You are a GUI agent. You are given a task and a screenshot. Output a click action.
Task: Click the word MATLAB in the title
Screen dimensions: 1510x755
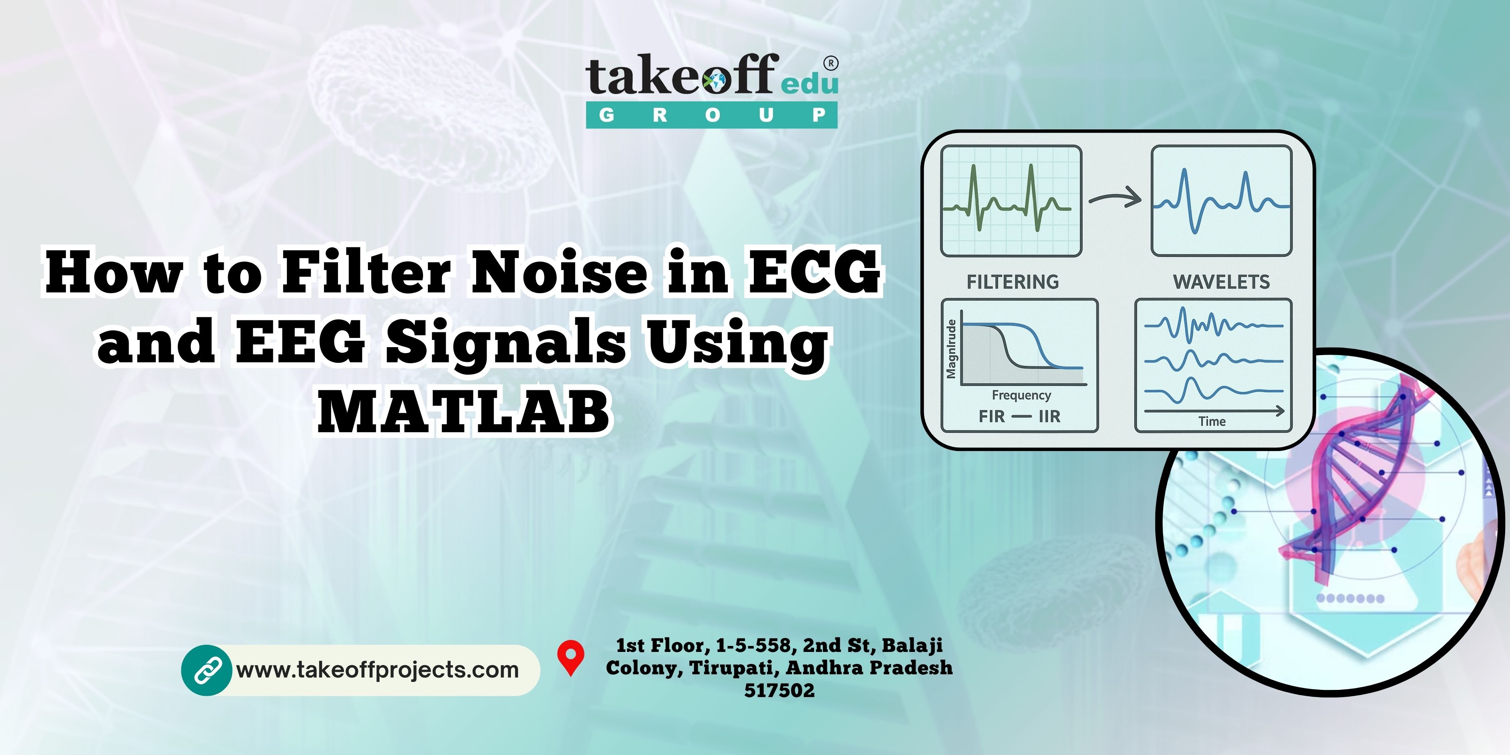click(x=464, y=411)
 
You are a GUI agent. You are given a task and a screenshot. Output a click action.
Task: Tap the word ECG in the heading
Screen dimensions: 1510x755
click(x=814, y=272)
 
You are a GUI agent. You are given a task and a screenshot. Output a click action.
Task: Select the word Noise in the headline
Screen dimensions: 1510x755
click(x=559, y=272)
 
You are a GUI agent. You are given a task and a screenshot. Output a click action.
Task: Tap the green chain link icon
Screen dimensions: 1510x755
click(x=207, y=670)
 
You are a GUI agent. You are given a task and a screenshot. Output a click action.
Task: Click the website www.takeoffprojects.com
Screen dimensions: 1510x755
click(x=377, y=670)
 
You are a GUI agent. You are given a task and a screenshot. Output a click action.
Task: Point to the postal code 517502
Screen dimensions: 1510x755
click(x=780, y=691)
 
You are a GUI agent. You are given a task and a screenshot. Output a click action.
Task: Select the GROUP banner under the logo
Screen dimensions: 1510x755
click(x=711, y=115)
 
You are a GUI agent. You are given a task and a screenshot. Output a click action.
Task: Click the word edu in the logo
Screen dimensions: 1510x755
click(x=809, y=84)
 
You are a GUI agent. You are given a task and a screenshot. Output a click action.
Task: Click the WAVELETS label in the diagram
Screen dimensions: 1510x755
click(x=1222, y=282)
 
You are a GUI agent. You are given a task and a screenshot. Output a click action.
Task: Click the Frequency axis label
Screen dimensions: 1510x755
click(x=1021, y=395)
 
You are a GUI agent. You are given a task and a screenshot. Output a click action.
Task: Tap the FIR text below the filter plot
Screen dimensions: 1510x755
click(x=992, y=416)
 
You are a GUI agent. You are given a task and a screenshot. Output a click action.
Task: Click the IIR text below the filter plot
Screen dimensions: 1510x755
click(x=1049, y=416)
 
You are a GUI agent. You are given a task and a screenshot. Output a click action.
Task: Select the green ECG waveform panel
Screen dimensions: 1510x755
click(x=1011, y=201)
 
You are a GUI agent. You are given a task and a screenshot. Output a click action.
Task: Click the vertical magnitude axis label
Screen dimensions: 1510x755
click(x=952, y=350)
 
